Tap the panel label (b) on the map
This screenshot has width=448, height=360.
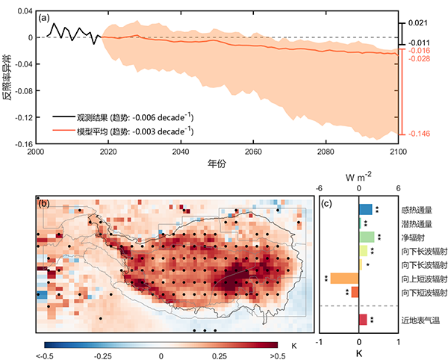click(43, 203)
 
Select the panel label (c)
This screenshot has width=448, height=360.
click(326, 203)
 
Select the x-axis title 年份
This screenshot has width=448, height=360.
click(217, 163)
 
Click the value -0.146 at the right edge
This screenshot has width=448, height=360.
click(420, 134)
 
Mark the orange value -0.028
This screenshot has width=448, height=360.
click(420, 58)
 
